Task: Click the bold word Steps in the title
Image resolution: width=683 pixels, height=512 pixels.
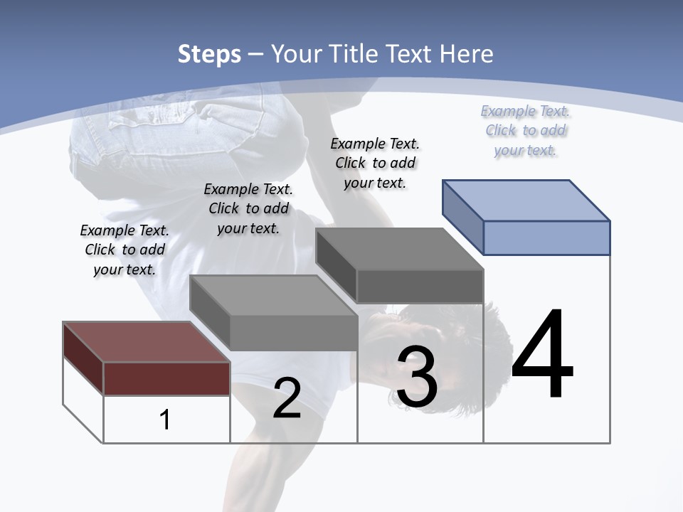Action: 209,54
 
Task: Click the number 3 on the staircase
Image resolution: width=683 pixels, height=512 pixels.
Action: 417,377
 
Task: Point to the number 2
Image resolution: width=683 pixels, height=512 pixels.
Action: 287,398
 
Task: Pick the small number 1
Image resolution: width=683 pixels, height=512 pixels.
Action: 165,420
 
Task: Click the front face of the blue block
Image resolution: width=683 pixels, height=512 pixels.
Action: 546,238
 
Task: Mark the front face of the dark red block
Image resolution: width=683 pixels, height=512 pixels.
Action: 166,378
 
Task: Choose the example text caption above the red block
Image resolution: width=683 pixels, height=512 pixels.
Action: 125,250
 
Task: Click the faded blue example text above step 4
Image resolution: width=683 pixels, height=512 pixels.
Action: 525,130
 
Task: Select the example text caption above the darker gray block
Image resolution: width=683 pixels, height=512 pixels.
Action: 375,163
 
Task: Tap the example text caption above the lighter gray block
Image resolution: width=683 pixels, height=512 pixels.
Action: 248,208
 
